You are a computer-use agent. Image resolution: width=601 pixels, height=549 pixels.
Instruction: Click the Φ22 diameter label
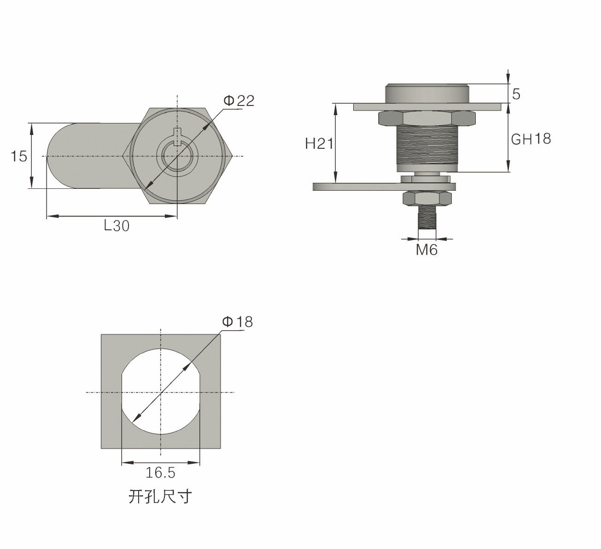pyautogui.click(x=239, y=101)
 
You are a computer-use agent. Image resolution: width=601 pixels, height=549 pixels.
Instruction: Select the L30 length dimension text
pyautogui.click(x=117, y=226)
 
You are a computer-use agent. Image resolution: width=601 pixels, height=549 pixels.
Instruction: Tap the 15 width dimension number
pyautogui.click(x=19, y=157)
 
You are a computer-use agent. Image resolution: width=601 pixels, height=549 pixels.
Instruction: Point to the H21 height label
pyautogui.click(x=319, y=144)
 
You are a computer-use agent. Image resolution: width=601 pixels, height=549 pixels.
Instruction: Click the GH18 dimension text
pyautogui.click(x=531, y=139)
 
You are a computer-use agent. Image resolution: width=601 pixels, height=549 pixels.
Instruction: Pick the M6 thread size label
pyautogui.click(x=426, y=250)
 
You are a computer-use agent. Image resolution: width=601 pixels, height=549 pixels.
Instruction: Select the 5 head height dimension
pyautogui.click(x=516, y=94)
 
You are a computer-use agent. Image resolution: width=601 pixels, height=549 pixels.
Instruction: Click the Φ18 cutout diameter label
pyautogui.click(x=238, y=322)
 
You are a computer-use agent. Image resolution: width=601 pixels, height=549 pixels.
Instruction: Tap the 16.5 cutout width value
pyautogui.click(x=160, y=473)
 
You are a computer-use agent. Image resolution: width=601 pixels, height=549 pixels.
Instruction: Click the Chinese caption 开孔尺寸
pyautogui.click(x=159, y=496)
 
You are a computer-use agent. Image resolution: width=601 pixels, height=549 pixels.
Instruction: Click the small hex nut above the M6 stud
pyautogui.click(x=426, y=199)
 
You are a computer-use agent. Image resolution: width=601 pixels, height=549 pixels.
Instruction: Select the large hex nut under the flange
pyautogui.click(x=426, y=118)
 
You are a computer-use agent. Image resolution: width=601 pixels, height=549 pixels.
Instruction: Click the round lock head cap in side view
pyautogui.click(x=427, y=93)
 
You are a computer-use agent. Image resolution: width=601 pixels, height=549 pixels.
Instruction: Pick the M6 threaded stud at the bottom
pyautogui.click(x=426, y=217)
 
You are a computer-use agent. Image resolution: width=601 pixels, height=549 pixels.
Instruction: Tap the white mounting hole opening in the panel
pyautogui.click(x=160, y=391)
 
